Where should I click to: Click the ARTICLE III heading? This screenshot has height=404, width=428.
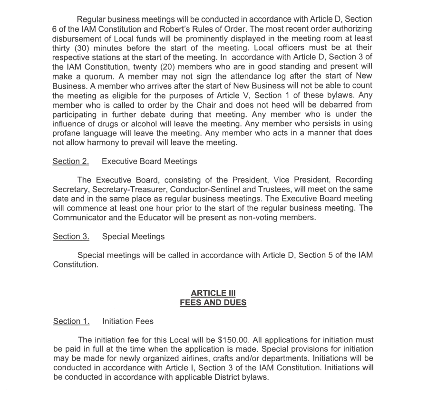point(213,293)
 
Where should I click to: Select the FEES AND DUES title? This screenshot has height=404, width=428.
point(213,302)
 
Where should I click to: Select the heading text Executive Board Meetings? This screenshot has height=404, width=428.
point(149,162)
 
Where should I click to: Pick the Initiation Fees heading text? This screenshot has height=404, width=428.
point(128,321)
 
